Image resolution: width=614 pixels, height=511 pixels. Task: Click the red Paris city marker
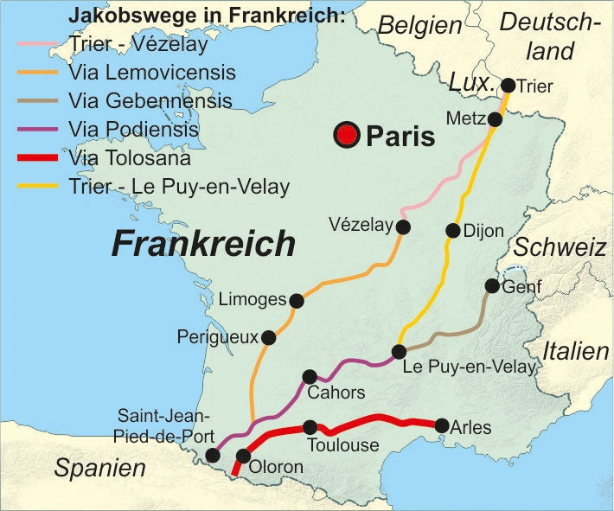click(x=348, y=135)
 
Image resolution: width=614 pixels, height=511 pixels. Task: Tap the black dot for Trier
click(x=508, y=85)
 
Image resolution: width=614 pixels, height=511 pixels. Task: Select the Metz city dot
click(x=495, y=119)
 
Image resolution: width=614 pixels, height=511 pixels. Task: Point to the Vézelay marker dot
click(x=402, y=227)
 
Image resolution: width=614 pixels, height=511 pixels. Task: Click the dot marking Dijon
click(x=452, y=230)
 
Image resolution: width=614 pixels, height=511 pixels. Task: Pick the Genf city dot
click(x=492, y=285)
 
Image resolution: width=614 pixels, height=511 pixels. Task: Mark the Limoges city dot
click(x=297, y=301)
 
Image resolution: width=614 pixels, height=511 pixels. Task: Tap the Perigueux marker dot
click(x=268, y=337)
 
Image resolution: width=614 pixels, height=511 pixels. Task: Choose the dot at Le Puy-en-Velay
click(x=399, y=351)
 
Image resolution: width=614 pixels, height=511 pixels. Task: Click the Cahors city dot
click(x=310, y=376)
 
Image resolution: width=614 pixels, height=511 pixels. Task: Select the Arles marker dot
click(x=442, y=425)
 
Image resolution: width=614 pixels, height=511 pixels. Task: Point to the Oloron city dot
click(x=243, y=456)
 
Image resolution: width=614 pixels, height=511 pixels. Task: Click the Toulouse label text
click(x=343, y=446)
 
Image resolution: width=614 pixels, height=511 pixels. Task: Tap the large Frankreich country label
click(x=203, y=245)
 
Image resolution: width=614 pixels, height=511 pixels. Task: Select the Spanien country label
click(x=99, y=469)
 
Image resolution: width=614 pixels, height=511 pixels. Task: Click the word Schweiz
click(x=562, y=248)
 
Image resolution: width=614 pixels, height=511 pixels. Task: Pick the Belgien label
click(x=420, y=26)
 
